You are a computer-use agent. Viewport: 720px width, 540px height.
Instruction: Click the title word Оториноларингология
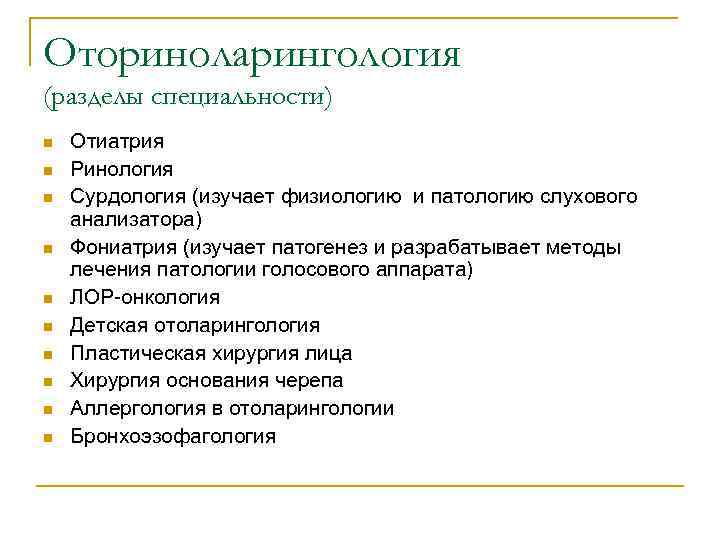point(252,53)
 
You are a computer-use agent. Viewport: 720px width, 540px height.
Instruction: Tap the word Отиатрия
point(117,143)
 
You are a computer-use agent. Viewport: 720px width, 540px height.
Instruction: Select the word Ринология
point(121,170)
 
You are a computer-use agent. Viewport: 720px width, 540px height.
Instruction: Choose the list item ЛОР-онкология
point(145,297)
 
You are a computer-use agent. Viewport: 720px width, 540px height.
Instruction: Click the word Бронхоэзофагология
point(172,437)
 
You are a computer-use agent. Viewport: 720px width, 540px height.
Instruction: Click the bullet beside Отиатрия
point(46,144)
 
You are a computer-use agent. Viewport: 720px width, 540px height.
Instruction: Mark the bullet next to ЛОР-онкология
point(46,298)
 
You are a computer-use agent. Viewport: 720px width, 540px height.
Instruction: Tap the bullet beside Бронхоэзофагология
point(46,438)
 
